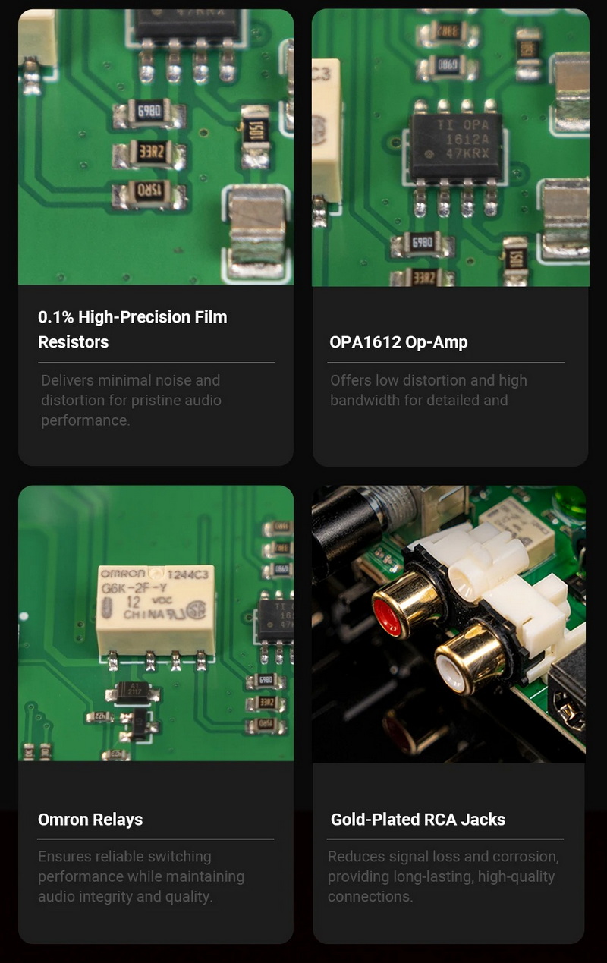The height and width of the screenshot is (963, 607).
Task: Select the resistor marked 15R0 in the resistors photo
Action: pyautogui.click(x=149, y=193)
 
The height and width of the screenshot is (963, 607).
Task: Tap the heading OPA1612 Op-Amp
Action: pyautogui.click(x=398, y=341)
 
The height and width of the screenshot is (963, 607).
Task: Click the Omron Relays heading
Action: pyautogui.click(x=90, y=819)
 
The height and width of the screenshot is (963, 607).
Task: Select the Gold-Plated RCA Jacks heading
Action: pyautogui.click(x=417, y=819)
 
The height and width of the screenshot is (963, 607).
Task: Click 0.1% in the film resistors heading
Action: pyautogui.click(x=55, y=316)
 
